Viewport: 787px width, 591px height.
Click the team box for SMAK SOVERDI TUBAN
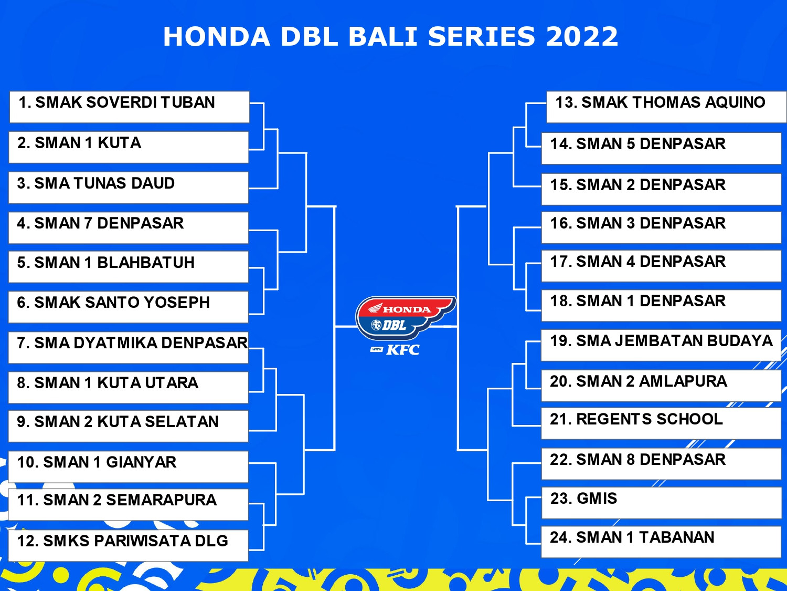pos(130,107)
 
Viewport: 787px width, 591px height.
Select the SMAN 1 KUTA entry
pos(129,147)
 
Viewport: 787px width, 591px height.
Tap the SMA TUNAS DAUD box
pos(129,188)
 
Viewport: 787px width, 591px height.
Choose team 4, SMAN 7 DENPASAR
pos(129,228)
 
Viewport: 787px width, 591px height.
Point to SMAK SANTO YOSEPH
pos(129,307)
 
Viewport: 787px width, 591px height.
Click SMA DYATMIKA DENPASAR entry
pos(129,348)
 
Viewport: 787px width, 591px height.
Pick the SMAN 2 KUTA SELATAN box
pos(129,426)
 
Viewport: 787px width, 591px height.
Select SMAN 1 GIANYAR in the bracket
pos(129,467)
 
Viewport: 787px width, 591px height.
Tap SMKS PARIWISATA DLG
pos(129,545)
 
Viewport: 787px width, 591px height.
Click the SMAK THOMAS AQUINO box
pos(666,107)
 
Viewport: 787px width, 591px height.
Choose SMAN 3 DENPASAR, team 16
pos(662,227)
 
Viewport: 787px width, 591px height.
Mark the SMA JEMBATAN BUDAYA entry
pos(661,345)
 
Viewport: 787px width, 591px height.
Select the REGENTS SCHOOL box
pos(661,423)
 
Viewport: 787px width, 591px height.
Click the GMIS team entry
pos(662,503)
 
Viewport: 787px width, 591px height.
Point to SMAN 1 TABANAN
pos(661,542)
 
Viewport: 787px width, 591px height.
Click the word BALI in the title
pos(383,37)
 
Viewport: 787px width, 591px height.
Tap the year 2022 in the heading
pos(582,37)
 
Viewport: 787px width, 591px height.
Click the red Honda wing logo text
pos(407,309)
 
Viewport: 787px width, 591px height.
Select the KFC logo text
pos(403,349)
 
